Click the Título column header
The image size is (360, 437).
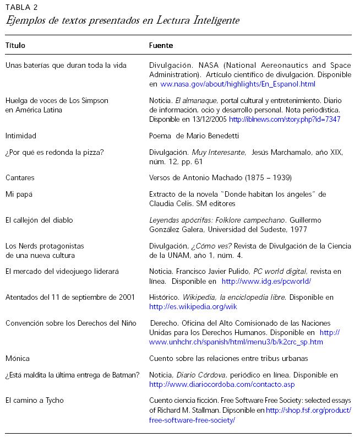15,45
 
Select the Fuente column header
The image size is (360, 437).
161,45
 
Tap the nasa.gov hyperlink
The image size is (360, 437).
238,84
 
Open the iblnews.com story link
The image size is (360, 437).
285,119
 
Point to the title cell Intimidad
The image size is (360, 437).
20,136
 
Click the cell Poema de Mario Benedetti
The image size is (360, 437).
194,136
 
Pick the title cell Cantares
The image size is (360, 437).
20,178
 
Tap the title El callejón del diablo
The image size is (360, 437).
39,220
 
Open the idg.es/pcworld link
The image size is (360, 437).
266,281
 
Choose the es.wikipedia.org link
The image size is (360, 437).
193,306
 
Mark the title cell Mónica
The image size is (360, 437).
18,358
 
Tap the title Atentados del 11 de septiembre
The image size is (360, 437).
70,298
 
